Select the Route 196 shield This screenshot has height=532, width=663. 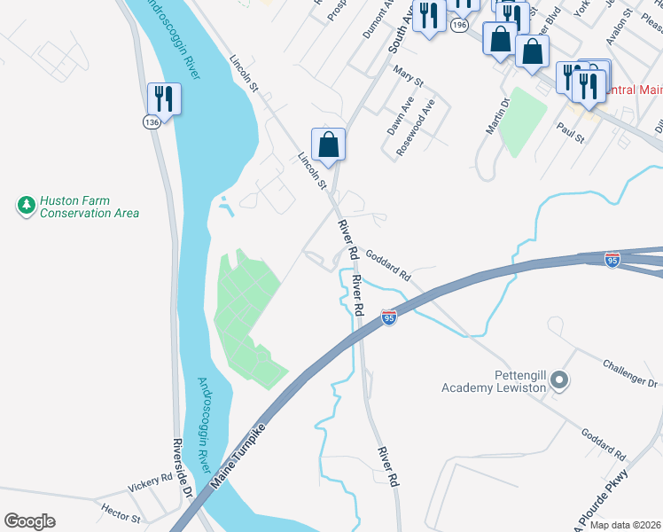coord(458,26)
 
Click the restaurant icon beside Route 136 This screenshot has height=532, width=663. coord(163,97)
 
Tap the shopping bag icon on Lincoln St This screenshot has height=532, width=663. coord(328,145)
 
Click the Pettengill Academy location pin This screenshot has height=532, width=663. coord(558,381)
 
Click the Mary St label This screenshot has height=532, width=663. coord(409,79)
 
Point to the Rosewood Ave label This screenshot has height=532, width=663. coord(416,127)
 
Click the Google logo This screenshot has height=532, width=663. coord(30,521)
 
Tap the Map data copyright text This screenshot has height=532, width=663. coord(625,525)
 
